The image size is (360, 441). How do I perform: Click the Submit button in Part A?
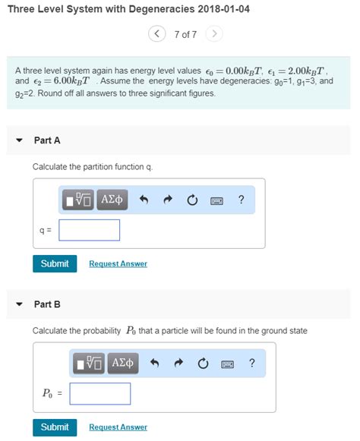[54, 263]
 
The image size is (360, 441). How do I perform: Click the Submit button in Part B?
[54, 427]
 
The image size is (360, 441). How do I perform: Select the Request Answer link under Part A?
[118, 264]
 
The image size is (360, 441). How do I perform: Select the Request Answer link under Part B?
[118, 427]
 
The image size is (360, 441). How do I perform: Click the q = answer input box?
[89, 230]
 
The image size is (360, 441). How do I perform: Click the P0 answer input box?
[99, 393]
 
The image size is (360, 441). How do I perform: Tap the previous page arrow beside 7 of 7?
[157, 34]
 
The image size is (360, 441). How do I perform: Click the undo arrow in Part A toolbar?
[144, 200]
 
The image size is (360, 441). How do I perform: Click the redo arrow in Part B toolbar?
[178, 364]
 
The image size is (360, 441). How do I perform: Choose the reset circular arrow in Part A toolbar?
[192, 200]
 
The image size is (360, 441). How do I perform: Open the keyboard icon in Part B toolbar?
[227, 364]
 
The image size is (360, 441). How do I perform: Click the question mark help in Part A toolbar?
[241, 200]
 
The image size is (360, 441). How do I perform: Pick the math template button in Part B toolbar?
[89, 364]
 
